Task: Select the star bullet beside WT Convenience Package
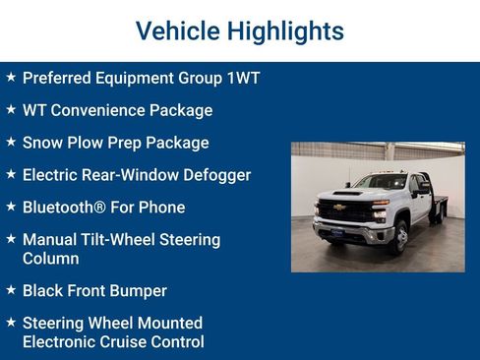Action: point(10,109)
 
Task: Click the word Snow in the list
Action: point(42,143)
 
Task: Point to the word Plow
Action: point(89,143)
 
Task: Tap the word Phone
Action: point(161,208)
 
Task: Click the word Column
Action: point(51,258)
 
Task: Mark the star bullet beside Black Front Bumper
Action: point(10,290)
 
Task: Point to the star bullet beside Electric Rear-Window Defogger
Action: point(10,174)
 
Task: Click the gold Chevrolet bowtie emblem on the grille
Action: point(340,208)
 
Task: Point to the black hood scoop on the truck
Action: point(349,192)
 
